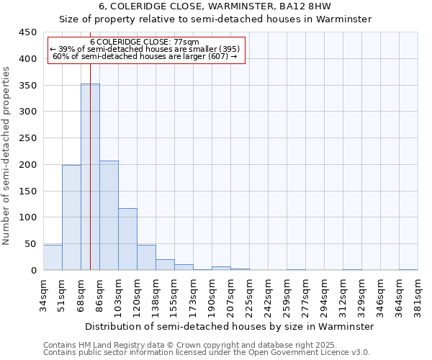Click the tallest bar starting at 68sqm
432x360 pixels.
pos(90,177)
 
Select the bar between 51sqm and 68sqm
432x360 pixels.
pos(71,217)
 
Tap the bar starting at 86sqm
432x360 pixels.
pos(109,215)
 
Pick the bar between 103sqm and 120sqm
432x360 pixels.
pos(127,239)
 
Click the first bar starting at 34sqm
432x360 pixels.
pos(53,258)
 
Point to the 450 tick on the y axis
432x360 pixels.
pos(28,32)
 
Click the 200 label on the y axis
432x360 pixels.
pos(28,165)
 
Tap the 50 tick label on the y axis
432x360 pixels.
pos(31,244)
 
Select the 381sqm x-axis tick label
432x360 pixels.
pos(418,294)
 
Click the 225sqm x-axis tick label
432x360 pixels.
pos(249,294)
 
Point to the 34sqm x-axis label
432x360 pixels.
pos(43,294)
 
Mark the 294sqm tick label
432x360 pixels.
pos(324,294)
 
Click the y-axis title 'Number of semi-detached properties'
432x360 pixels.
pos(6,156)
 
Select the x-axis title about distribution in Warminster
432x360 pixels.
pos(230,326)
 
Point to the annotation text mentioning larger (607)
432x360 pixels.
pos(146,57)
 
